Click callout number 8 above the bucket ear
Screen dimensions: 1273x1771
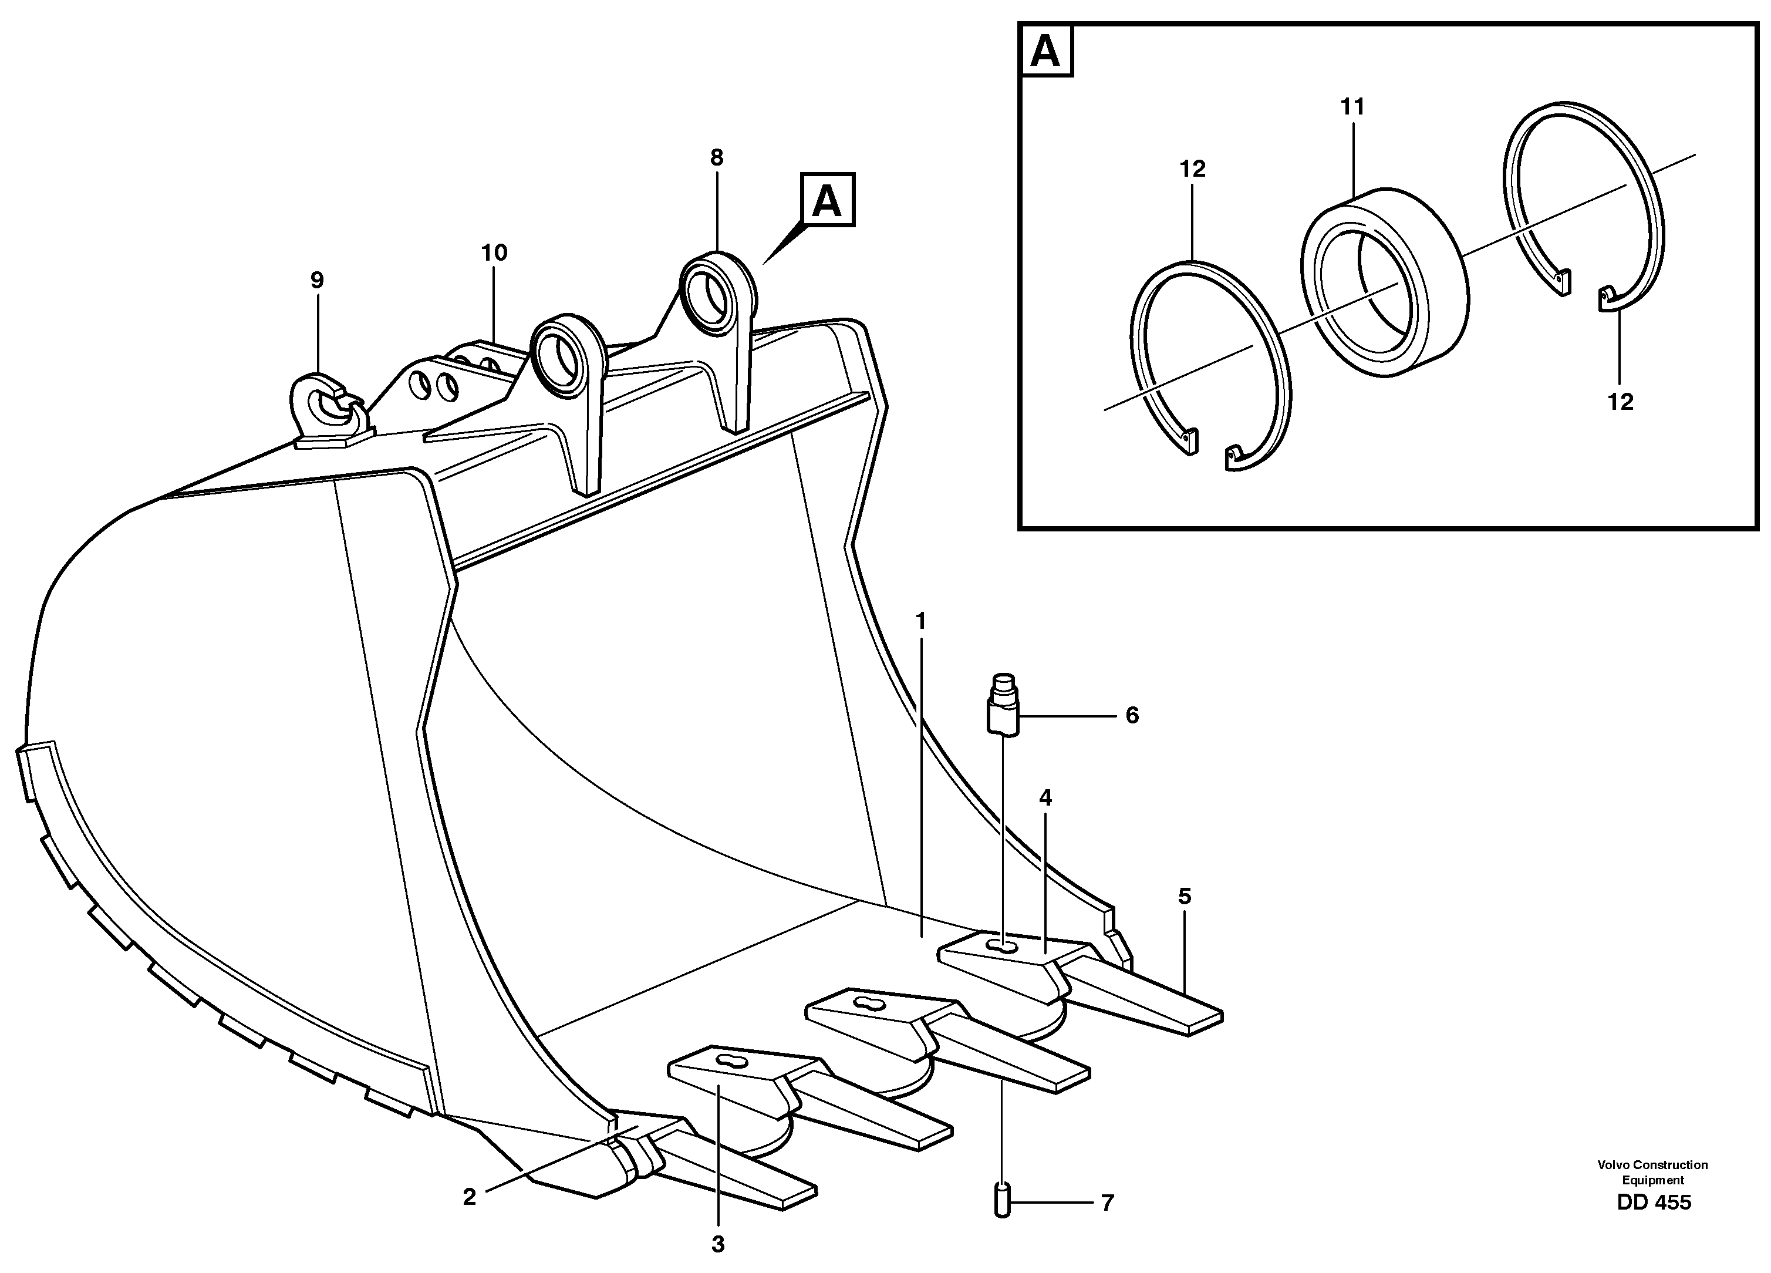[716, 159]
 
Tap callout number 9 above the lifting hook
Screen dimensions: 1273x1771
[316, 280]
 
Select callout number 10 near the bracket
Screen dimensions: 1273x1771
[494, 253]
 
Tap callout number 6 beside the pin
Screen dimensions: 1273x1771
[1132, 715]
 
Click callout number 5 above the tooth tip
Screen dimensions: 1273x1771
[1185, 897]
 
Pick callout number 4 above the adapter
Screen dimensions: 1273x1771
[1045, 797]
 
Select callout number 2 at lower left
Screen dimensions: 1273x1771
[469, 1197]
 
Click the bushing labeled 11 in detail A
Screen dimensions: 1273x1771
[1384, 282]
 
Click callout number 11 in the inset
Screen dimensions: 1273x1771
[1352, 107]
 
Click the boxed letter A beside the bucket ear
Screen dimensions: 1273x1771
[827, 201]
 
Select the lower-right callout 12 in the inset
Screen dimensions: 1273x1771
[1620, 402]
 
